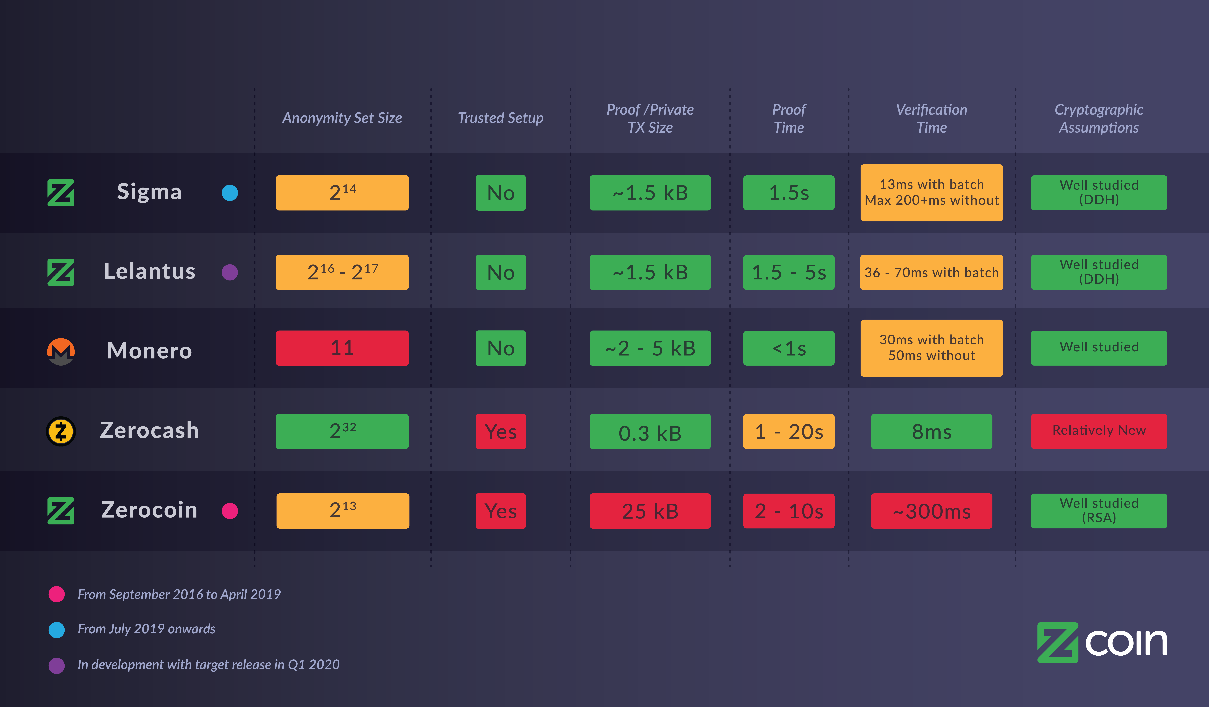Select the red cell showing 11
point(342,348)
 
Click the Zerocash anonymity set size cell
point(342,431)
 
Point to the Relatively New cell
point(1099,431)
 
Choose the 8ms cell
point(931,431)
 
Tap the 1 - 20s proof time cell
point(789,431)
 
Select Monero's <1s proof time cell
point(789,348)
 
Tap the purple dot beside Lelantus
point(230,272)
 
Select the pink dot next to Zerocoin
point(230,511)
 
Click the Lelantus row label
point(150,271)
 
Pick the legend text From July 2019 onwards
point(146,629)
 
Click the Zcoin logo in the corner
point(1102,642)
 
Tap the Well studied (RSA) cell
point(1099,511)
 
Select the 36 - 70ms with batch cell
point(931,272)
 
